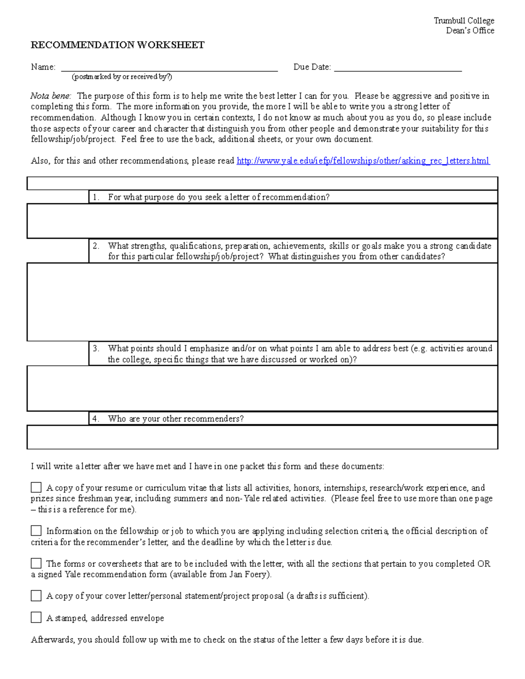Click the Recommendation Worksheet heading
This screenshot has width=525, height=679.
tap(117, 45)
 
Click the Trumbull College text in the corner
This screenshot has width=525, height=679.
tap(464, 21)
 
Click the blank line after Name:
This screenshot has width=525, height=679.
tap(169, 67)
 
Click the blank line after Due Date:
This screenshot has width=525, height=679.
tap(398, 67)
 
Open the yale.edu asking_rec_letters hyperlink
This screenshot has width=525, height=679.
tap(363, 161)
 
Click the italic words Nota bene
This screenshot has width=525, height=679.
tap(50, 96)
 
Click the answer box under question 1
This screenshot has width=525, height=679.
tap(262, 221)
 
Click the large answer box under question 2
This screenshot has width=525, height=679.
tap(262, 302)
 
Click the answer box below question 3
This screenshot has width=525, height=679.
tap(262, 388)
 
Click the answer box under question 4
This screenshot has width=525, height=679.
tap(262, 437)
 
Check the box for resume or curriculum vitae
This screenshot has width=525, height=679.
tap(36, 487)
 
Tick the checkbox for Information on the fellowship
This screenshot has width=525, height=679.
tap(36, 531)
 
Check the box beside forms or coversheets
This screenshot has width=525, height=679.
tap(36, 563)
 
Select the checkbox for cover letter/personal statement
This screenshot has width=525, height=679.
tap(36, 595)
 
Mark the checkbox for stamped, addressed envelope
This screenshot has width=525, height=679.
tap(36, 617)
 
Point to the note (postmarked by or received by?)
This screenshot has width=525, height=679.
tap(122, 77)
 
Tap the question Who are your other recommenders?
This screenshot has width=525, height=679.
tap(175, 419)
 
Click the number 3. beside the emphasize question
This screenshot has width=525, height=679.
tap(96, 348)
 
